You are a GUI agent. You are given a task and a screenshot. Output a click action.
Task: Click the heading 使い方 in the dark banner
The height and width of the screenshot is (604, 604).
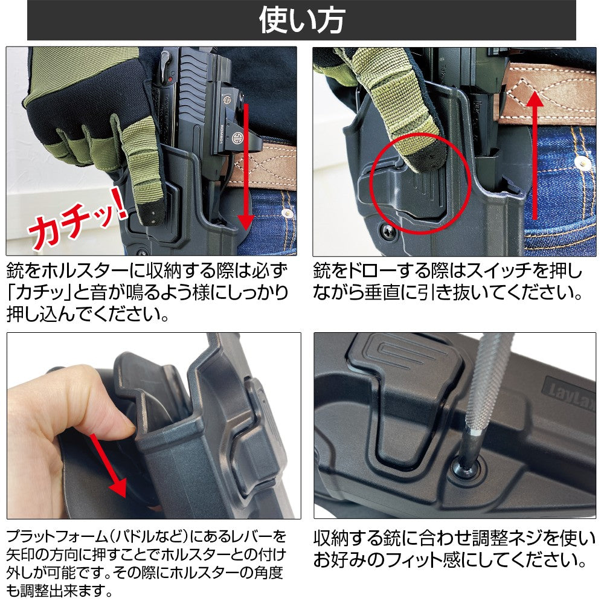[x=301, y=20]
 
